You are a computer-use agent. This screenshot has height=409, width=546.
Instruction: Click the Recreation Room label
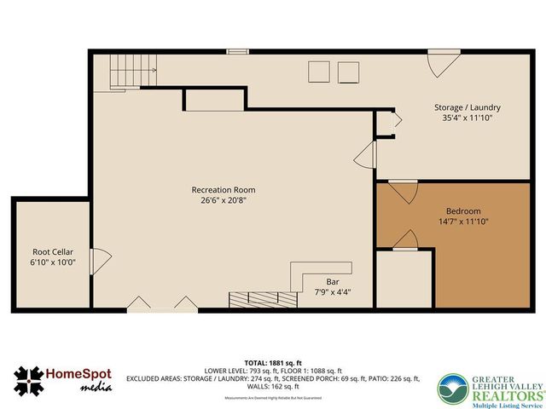[x=224, y=190]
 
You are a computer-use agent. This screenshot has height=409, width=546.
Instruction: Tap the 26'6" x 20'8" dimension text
[x=224, y=201]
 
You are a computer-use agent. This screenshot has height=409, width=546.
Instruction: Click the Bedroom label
[x=463, y=211]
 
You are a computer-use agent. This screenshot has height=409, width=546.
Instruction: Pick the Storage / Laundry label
[x=467, y=107]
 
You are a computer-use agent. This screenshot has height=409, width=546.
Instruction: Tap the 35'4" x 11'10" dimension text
[x=467, y=118]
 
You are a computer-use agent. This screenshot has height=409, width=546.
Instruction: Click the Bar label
[x=333, y=281]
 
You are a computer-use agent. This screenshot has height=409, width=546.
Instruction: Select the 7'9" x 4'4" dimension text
[x=333, y=292]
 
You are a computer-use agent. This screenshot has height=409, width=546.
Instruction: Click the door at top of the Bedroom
[x=404, y=192]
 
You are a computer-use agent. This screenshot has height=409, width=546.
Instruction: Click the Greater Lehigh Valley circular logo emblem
[x=453, y=389]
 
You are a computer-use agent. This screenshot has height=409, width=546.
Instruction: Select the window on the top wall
[x=238, y=51]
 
